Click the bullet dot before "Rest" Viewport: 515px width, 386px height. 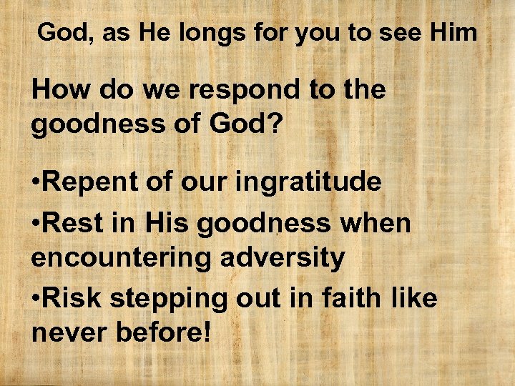37,224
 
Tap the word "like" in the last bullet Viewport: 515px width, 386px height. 413,297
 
